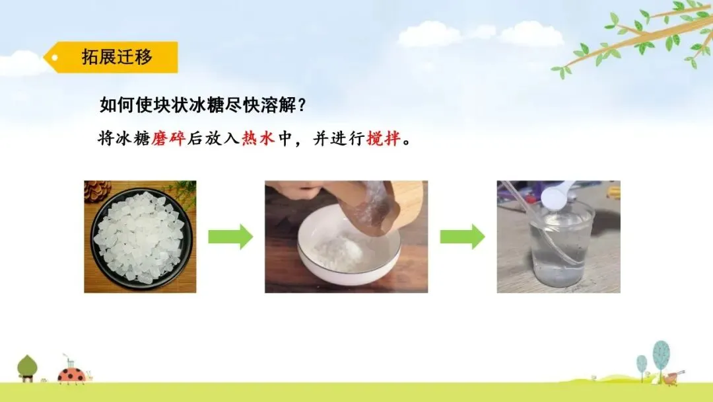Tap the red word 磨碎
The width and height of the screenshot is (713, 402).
tap(168, 138)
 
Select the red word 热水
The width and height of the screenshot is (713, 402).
tap(258, 138)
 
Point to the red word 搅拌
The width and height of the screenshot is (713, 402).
tap(384, 138)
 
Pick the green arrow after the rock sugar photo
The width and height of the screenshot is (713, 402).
tap(230, 237)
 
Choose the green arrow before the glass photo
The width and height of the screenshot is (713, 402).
tap(462, 237)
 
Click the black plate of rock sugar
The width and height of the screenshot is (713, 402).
tap(141, 237)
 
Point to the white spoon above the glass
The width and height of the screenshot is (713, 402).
tap(557, 196)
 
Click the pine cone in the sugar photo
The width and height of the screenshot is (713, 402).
tap(97, 190)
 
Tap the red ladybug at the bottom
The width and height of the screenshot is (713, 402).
tap(71, 375)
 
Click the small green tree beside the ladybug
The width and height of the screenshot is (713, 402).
tap(27, 368)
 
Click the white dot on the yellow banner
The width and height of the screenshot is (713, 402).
tap(55, 58)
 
